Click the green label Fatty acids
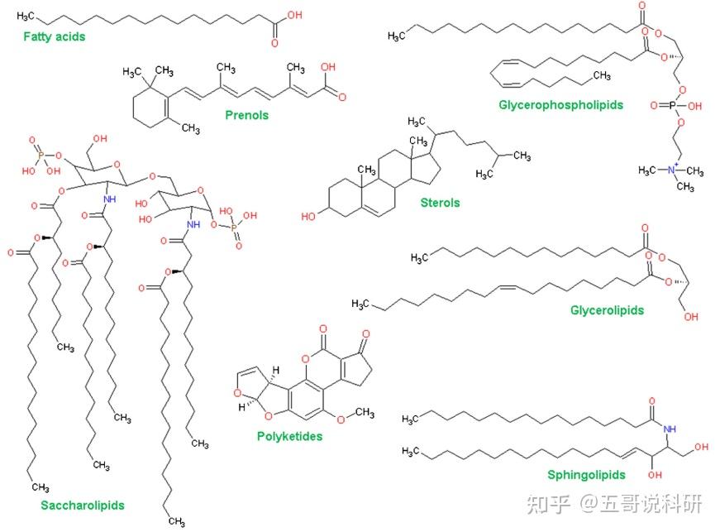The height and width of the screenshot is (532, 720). (54, 36)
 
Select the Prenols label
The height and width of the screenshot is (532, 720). (246, 115)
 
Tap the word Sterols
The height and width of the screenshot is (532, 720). (440, 202)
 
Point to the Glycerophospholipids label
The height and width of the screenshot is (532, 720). (560, 105)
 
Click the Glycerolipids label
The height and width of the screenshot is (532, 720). (607, 310)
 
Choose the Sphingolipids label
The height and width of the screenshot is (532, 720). (586, 475)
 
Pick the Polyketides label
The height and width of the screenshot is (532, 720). (289, 436)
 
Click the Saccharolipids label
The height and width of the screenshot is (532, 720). (82, 504)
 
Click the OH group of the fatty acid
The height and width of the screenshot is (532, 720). (294, 15)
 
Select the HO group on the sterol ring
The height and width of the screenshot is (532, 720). (309, 217)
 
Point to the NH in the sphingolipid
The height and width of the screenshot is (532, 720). (669, 429)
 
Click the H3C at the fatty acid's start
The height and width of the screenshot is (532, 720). (26, 16)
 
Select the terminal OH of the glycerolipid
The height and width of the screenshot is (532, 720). (691, 316)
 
